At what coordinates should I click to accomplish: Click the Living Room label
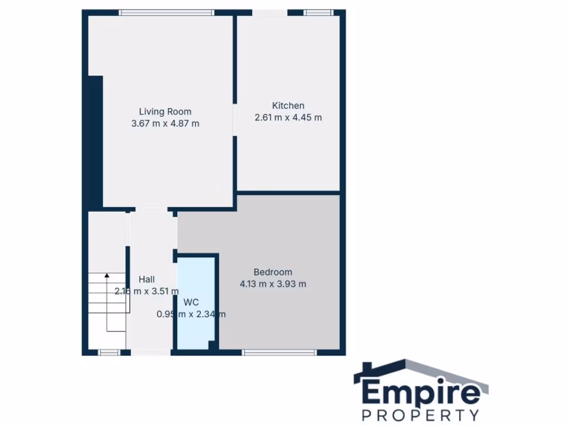click(165, 111)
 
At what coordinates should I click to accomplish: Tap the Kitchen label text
click(288, 105)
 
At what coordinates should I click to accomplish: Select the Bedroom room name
click(272, 272)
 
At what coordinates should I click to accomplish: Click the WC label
click(191, 302)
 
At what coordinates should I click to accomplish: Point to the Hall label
click(146, 279)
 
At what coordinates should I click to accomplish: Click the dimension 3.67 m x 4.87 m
click(165, 124)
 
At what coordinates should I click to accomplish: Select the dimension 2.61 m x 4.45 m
click(288, 118)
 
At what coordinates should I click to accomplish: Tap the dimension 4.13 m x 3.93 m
click(272, 284)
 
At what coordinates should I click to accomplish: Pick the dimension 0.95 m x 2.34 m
click(191, 314)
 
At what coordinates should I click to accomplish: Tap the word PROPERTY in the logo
click(421, 415)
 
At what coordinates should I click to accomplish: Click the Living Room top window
click(166, 12)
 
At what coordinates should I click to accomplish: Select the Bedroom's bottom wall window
click(280, 352)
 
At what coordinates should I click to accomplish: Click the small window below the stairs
click(109, 352)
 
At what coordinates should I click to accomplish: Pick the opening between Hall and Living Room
click(151, 210)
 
